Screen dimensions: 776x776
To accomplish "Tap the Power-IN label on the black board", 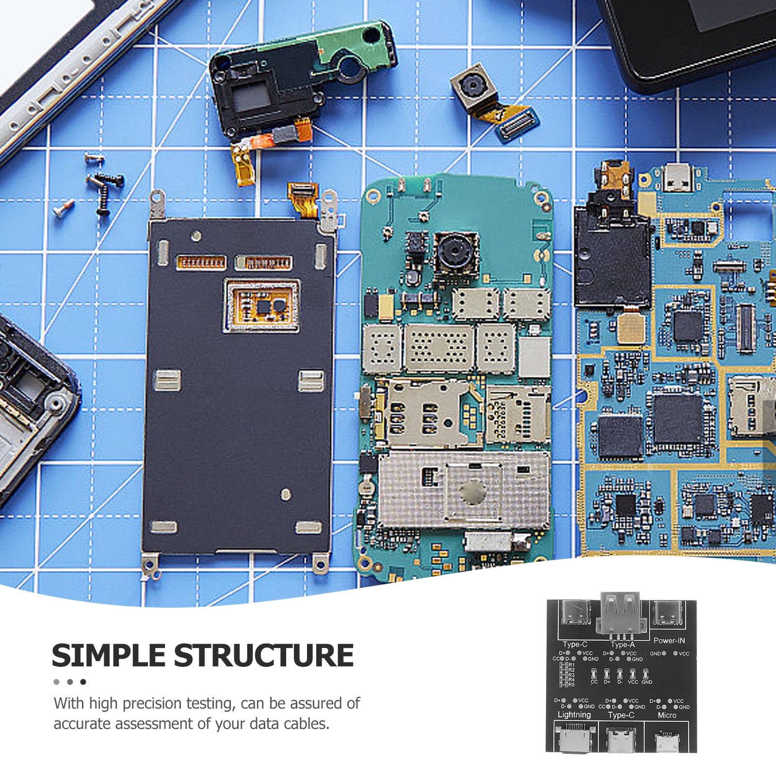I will point(669,641).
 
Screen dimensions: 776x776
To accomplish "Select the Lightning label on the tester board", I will point(574,714).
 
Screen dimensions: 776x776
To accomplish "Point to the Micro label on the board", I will point(667,715).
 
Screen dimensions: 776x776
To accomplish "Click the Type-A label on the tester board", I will point(623,645).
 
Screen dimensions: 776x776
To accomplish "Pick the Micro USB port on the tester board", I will point(667,742).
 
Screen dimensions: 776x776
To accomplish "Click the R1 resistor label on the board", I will point(571,665).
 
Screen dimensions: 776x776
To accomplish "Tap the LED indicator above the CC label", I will point(594,674).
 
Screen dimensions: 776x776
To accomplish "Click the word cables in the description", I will point(305,724).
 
